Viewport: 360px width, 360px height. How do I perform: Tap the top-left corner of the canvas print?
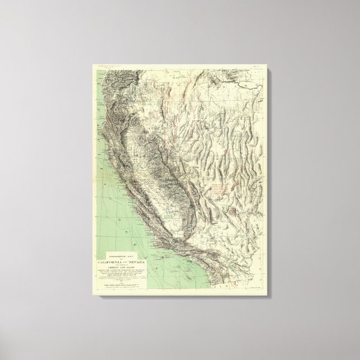(89, 64)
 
